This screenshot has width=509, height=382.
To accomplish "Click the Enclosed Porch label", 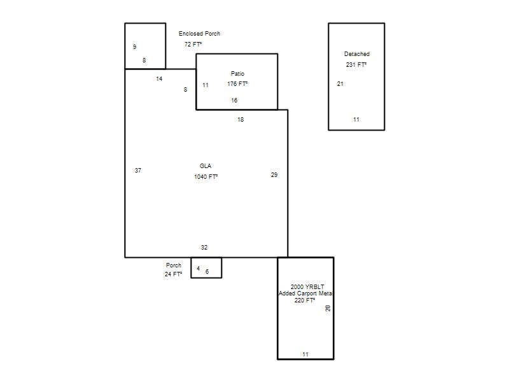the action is pos(199,34).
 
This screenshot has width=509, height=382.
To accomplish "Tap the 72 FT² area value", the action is pos(193,44).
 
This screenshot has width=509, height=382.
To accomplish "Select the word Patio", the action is pos(237,74).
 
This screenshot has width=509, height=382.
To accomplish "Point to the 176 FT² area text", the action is pos(237,84).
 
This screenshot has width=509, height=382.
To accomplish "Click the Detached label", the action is pos(357,54).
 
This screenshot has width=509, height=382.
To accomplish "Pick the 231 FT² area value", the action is pos(356,65).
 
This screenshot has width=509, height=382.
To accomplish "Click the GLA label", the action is pos(206,166).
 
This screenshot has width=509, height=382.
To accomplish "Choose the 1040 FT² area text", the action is pos(206,177).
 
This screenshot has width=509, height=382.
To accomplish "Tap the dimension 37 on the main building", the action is pos(138,170).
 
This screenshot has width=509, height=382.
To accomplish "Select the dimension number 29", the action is pos(274,174).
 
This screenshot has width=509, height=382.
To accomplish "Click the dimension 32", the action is pos(204,248).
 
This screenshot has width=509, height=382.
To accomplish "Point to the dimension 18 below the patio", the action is pos(241,120).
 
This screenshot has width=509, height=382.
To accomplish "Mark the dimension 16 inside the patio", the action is pos(234,101).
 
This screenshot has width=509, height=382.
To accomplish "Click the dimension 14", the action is pos(159,78).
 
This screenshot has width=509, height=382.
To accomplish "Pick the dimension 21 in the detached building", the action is pos(340,84).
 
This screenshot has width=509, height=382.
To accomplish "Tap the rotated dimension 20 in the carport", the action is pos(328,308).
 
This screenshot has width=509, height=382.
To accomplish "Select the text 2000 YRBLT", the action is pos(307,287).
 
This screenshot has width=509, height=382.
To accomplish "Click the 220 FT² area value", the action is pos(305,301).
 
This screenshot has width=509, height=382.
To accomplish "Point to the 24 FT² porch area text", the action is pos(173,274).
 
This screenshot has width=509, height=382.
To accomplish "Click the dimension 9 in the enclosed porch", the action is pos(135,46).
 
